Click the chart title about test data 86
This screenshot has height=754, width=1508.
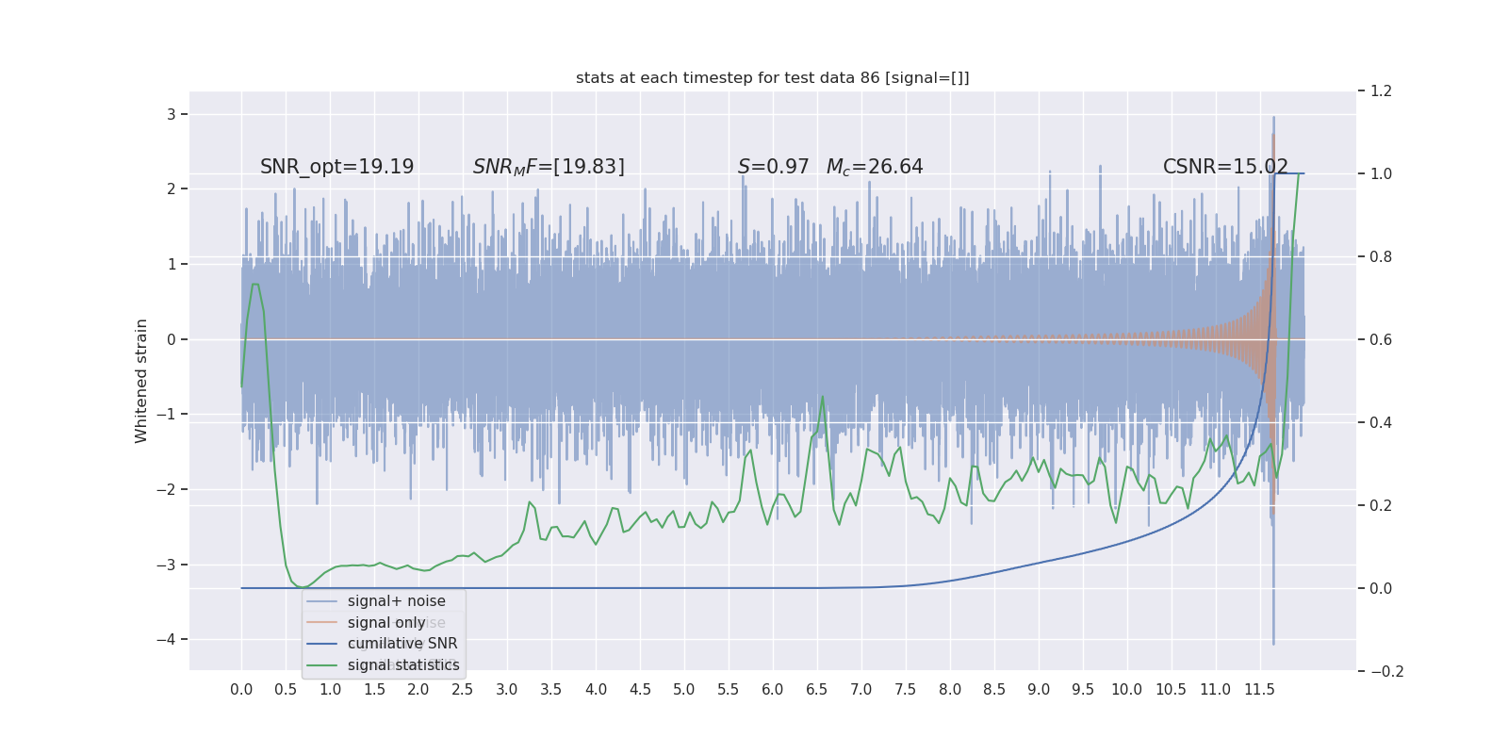point(772,78)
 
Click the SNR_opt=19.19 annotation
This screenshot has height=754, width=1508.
point(336,167)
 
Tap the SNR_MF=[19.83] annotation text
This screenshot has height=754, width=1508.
point(549,167)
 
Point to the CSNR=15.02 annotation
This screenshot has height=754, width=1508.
point(1225,167)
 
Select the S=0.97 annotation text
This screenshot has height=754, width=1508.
point(773,167)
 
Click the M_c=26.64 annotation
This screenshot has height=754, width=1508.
point(875,167)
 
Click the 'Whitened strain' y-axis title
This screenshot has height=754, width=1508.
point(141,381)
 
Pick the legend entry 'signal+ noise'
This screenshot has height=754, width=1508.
point(396,601)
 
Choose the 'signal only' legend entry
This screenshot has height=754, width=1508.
point(386,623)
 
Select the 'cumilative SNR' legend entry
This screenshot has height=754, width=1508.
point(402,644)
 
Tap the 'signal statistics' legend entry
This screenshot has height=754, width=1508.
point(403,665)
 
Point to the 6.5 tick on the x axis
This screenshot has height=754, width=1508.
point(816,690)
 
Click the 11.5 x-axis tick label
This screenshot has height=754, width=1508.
point(1259,690)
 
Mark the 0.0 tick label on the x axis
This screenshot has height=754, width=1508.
point(241,690)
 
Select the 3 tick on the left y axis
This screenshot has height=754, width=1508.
point(171,115)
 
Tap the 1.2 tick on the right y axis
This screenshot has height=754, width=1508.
point(1381,91)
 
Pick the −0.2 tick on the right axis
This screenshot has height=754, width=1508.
point(1385,672)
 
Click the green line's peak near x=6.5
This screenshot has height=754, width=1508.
point(823,396)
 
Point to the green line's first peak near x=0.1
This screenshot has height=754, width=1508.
point(254,284)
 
